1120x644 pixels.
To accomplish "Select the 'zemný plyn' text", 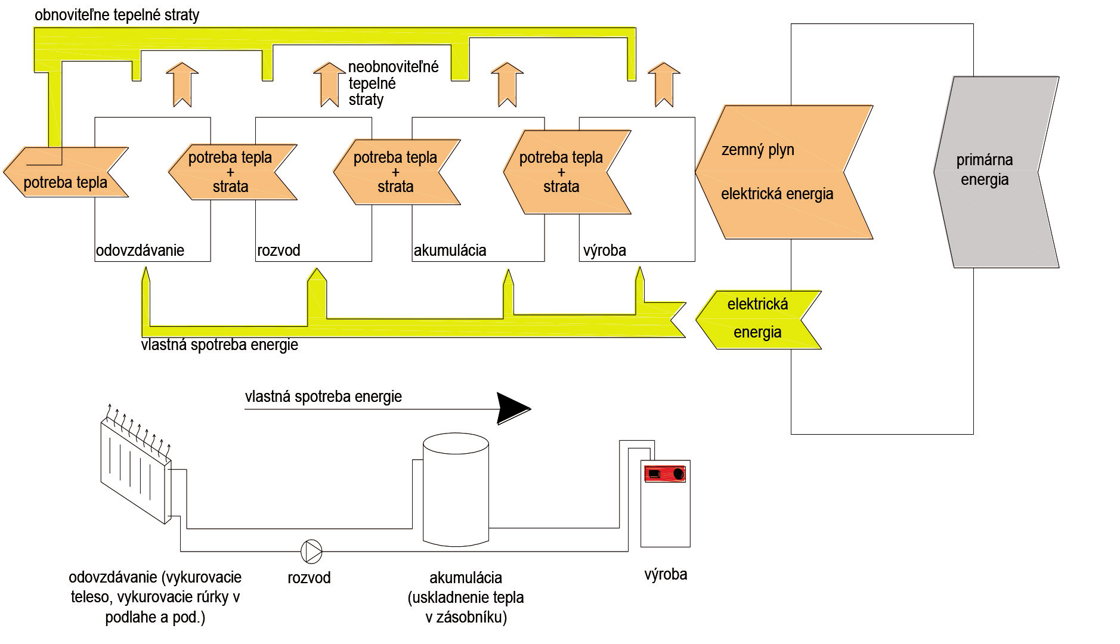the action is pyautogui.click(x=757, y=150).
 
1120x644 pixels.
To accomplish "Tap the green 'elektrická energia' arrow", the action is pyautogui.click(x=758, y=320).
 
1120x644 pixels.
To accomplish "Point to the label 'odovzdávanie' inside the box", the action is pyautogui.click(x=140, y=250).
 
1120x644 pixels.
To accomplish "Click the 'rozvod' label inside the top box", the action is pyautogui.click(x=279, y=250).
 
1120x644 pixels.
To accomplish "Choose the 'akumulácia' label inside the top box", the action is pyautogui.click(x=450, y=250).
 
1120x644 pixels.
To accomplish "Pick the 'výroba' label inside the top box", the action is pyautogui.click(x=605, y=250).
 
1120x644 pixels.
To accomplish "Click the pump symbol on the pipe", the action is pyautogui.click(x=311, y=551).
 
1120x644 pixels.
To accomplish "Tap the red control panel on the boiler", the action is pyautogui.click(x=665, y=473).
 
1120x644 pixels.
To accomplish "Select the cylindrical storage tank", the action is pyautogui.click(x=456, y=490).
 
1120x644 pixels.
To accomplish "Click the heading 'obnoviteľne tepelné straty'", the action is pyautogui.click(x=117, y=15).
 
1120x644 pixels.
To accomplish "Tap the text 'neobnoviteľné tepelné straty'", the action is pyautogui.click(x=393, y=83).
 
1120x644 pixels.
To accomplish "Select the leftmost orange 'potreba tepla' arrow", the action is pyautogui.click(x=66, y=172).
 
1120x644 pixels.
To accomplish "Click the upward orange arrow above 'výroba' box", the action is pyautogui.click(x=663, y=85).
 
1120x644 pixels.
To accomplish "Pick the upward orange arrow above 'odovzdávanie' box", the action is pyautogui.click(x=182, y=85).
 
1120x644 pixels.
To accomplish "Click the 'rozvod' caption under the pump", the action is pyautogui.click(x=309, y=578).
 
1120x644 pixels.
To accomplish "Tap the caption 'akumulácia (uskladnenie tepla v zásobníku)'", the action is pyautogui.click(x=466, y=597).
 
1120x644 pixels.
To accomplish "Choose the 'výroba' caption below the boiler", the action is pyautogui.click(x=666, y=575).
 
